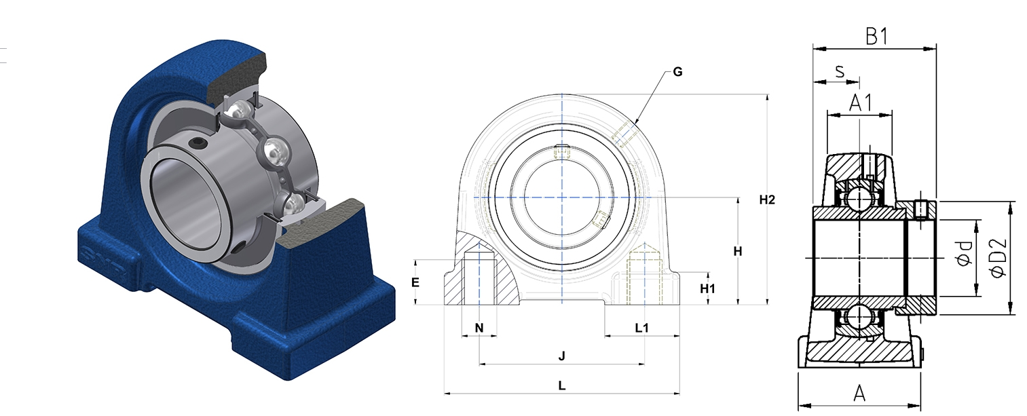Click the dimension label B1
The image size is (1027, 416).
(876, 37)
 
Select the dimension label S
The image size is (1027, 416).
(840, 71)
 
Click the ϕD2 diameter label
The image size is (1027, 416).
(998, 257)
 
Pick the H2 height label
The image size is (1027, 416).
(767, 200)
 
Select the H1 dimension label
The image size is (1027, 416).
(707, 288)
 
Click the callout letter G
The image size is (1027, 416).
(677, 72)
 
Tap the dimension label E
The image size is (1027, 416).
(415, 283)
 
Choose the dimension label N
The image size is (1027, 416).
(479, 328)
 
